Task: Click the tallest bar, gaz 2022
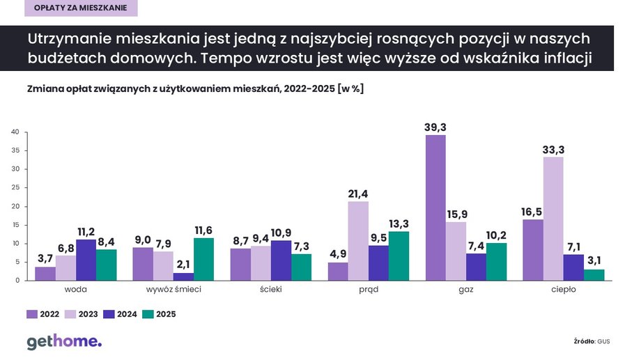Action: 435,208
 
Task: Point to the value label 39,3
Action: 435,127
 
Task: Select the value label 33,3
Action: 553,150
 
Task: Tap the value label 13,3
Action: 399,224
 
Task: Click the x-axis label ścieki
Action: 271,290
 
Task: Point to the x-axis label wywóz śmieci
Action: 173,290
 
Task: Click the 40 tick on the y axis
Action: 13,132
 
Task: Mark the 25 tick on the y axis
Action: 13,188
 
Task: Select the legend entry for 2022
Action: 41,314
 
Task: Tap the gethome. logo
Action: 63,341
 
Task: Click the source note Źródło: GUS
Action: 592,341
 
